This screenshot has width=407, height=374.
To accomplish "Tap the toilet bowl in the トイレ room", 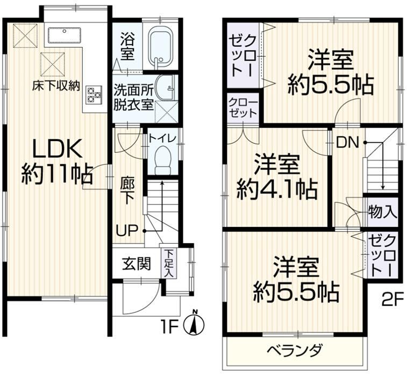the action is [163, 160].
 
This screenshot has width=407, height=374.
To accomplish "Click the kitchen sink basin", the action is [65, 35].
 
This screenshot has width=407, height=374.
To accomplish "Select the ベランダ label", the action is [295, 351].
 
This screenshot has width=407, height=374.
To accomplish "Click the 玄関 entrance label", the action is [137, 264].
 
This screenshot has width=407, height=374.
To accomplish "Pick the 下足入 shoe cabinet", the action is [169, 263].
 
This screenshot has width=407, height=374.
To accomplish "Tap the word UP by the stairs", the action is [126, 230].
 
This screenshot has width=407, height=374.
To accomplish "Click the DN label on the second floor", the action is [347, 143].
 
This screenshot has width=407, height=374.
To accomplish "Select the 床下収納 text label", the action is [56, 86].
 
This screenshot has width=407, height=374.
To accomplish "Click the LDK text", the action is [57, 149].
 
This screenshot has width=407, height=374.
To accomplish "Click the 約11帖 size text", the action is [57, 174].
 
